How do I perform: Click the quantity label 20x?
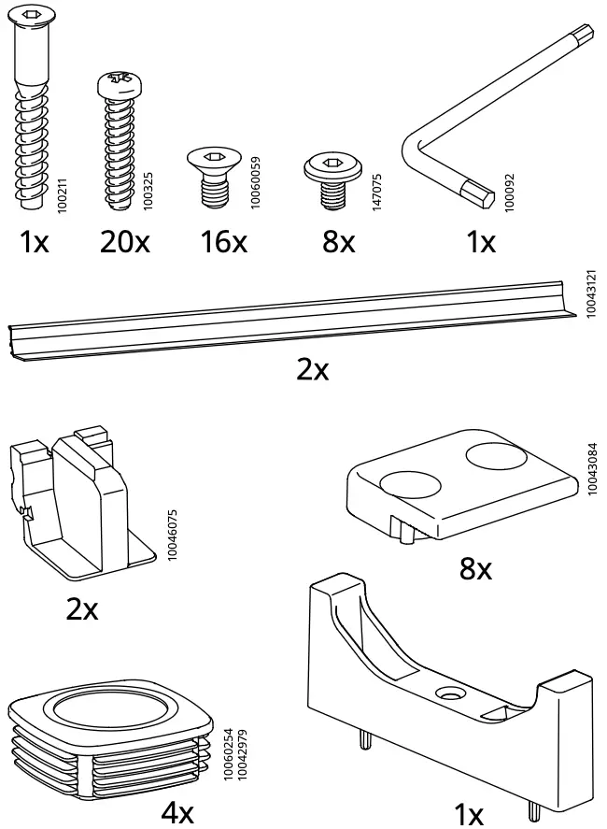[x=125, y=243]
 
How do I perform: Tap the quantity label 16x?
[x=223, y=243]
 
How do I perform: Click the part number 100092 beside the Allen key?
[x=509, y=193]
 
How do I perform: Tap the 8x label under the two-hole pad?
[x=475, y=567]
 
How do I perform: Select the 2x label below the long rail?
[x=313, y=370]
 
